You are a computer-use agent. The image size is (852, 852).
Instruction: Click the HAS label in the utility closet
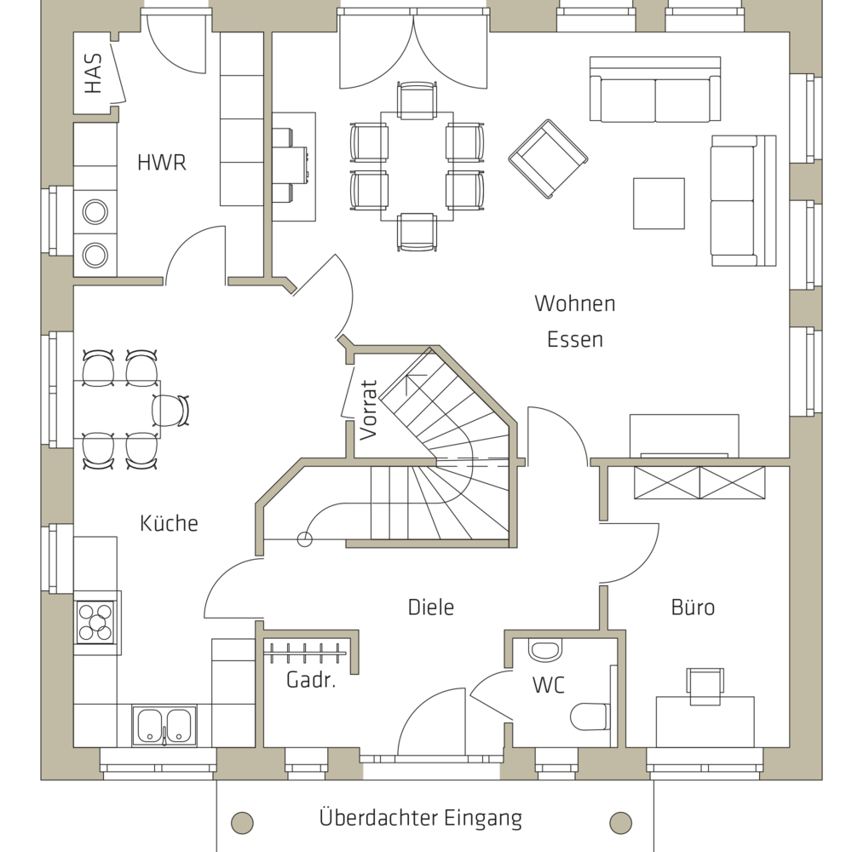pos(94,73)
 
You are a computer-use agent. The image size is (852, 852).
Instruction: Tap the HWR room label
pos(161,163)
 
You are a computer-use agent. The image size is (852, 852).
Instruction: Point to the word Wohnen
pos(575,303)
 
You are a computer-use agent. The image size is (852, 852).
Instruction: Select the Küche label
pos(169,523)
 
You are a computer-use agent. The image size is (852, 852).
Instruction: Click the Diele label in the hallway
pos(431,607)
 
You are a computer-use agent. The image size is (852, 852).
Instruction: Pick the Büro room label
pos(693,607)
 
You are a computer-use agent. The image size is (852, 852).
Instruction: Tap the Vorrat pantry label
pos(368,410)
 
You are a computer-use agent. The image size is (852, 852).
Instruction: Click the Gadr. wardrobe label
pos(311,680)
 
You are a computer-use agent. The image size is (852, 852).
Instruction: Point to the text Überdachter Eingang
pos(421,818)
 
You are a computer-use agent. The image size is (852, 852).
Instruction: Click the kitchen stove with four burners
pos(96,622)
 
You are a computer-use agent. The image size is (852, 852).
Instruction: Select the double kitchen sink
pos(164,726)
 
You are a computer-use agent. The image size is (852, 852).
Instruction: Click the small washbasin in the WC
pos(545,650)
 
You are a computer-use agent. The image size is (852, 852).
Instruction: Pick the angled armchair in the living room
pos(548,158)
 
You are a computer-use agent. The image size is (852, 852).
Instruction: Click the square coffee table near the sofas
pos(659,204)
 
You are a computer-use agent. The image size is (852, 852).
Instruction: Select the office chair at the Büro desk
pos(705,686)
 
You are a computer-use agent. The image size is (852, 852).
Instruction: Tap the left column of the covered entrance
pos(242,822)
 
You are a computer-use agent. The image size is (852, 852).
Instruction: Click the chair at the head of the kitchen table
pos(170,411)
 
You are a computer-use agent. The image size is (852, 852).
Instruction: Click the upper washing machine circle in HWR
pos(95,211)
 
